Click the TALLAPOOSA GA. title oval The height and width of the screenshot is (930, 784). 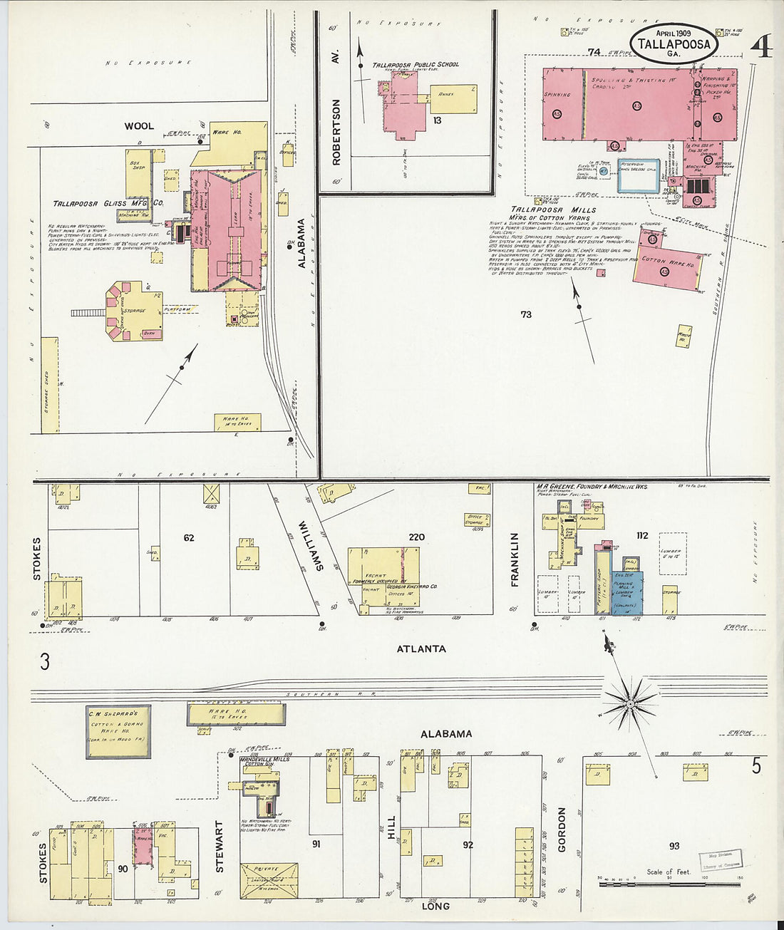[674, 43]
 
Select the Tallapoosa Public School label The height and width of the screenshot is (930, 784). [416, 64]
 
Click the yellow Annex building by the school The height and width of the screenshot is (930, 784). [453, 98]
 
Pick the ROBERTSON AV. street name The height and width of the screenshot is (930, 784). [336, 132]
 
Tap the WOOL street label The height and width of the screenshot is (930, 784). [139, 126]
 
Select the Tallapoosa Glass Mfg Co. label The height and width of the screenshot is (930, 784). [108, 204]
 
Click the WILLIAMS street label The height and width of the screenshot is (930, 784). [311, 545]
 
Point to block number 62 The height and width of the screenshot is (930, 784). [188, 538]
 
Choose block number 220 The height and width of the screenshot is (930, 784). [416, 537]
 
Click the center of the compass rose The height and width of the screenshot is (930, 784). [630, 704]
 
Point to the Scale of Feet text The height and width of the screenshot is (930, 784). [669, 872]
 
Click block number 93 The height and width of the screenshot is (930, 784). [674, 846]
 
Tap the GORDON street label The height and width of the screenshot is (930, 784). [562, 830]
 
